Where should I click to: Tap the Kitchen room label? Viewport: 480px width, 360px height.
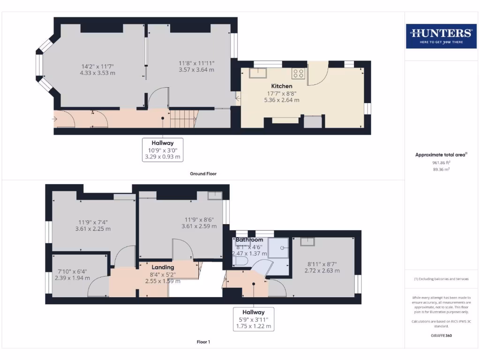click(281, 86)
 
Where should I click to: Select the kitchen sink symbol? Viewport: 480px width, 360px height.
click(258, 73)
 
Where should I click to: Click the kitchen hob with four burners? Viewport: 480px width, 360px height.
click(299, 73)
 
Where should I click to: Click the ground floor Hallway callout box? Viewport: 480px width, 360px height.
click(163, 150)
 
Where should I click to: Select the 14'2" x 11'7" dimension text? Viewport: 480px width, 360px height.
click(97, 66)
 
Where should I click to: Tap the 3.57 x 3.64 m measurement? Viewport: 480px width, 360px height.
click(196, 70)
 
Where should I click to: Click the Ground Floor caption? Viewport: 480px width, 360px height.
click(203, 173)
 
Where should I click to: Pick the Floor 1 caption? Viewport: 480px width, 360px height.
click(203, 342)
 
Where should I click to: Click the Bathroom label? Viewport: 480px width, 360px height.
click(249, 240)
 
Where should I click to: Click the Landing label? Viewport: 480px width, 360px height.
click(162, 267)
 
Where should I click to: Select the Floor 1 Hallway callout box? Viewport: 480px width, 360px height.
click(253, 319)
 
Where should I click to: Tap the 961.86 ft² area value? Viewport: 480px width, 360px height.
click(441, 163)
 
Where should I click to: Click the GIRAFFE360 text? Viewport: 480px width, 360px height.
click(441, 336)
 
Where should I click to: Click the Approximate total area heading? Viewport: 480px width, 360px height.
click(441, 155)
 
